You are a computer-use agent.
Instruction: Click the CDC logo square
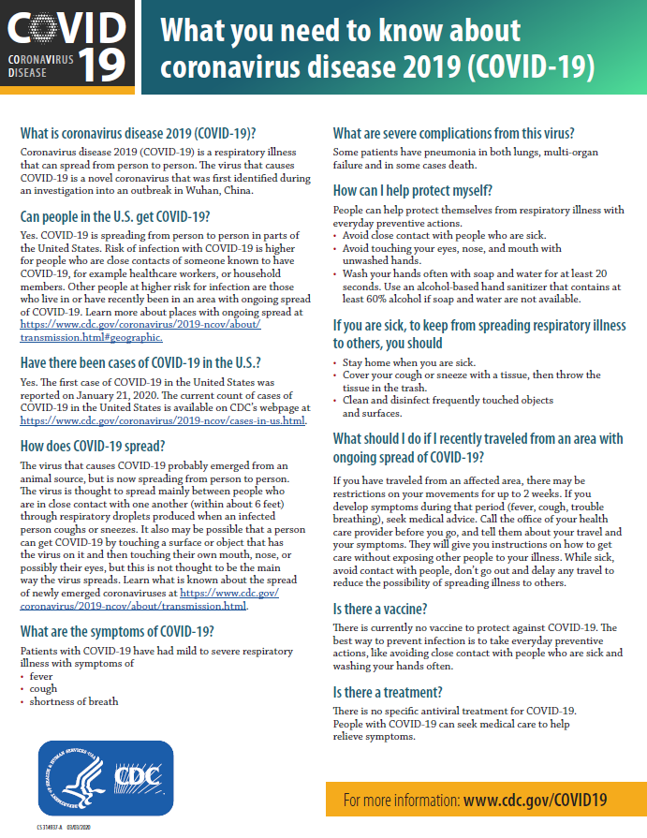[134, 775]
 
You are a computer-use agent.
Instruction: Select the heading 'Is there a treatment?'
[388, 693]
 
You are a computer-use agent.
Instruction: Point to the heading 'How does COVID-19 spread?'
[93, 446]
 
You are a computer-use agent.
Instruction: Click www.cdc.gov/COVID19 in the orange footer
[535, 800]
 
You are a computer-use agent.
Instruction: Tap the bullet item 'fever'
[41, 675]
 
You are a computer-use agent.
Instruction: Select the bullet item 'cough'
[43, 688]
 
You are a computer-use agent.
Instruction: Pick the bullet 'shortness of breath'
[74, 701]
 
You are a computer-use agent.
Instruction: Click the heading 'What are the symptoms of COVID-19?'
[117, 631]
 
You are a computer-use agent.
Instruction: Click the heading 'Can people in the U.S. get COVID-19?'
[115, 217]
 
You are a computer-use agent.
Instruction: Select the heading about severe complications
[454, 132]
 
